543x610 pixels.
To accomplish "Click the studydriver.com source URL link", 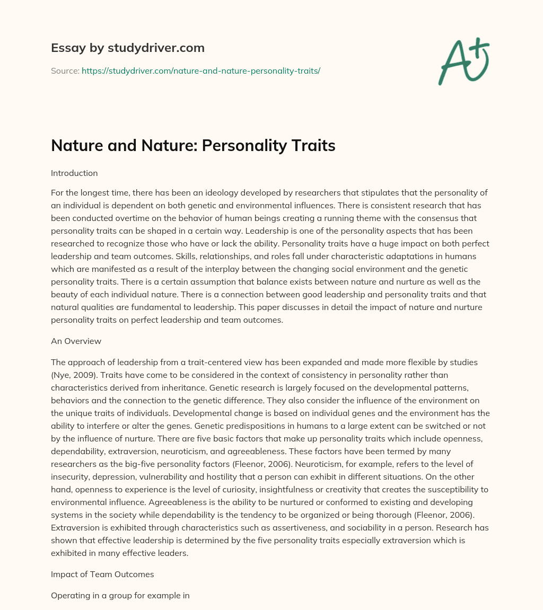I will click(201, 70).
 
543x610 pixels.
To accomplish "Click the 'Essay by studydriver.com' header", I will click(128, 48).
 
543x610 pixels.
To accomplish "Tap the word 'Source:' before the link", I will click(65, 70).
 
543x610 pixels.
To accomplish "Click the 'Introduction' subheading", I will click(74, 173).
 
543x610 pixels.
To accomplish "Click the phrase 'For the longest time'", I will click(91, 192).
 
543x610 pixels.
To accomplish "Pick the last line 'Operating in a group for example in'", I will click(120, 595).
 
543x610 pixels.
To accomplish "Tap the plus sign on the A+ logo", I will click(478, 49).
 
